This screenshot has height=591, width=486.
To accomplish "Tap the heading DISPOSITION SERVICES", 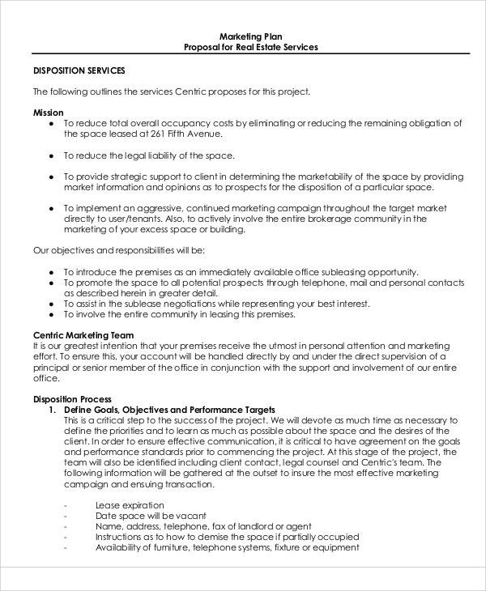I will click(79, 71).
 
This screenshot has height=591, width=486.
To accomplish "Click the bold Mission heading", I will click(48, 112).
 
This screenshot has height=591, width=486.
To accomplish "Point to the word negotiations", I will click(188, 292).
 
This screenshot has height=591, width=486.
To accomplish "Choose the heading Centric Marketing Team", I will click(83, 334).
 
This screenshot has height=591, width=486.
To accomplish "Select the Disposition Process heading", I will click(71, 398).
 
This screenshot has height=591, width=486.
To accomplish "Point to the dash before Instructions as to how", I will click(65, 536).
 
